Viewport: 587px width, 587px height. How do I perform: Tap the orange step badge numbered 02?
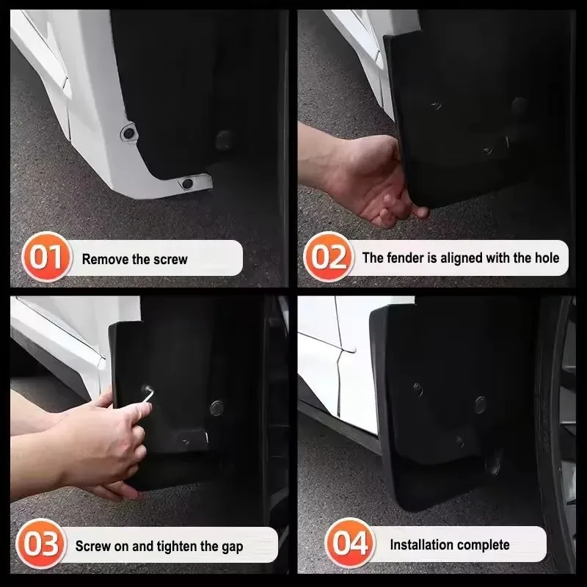tap(327, 258)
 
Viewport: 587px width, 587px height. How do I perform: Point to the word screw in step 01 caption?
tap(171, 259)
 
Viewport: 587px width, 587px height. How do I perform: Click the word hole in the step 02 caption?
tap(545, 258)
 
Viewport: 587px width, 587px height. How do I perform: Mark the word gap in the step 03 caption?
tap(231, 546)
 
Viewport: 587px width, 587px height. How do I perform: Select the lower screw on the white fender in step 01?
tap(187, 182)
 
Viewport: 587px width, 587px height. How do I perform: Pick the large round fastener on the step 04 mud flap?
tap(480, 403)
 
